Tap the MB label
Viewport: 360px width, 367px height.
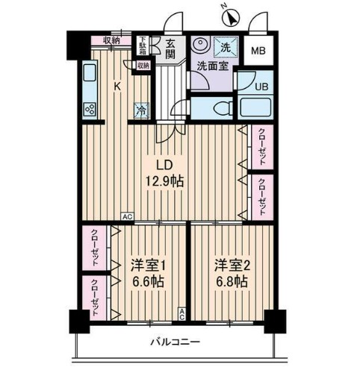[258, 51]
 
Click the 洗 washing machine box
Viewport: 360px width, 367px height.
[223, 47]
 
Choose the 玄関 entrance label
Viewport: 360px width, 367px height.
[170, 49]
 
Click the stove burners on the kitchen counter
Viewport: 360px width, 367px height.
[90, 109]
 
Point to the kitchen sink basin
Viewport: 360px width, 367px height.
[89, 76]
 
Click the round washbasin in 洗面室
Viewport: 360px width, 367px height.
[199, 46]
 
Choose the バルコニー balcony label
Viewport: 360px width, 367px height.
[175, 342]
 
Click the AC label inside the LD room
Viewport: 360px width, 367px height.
[128, 216]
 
